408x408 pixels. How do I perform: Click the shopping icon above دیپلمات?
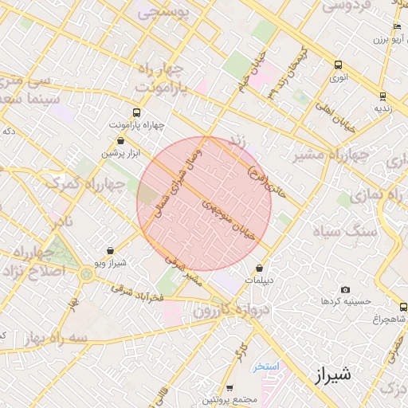[260, 268]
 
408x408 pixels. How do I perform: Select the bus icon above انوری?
[339, 65]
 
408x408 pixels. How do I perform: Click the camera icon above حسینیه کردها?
[344, 289]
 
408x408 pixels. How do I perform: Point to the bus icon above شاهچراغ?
[402, 306]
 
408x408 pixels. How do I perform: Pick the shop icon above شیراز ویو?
[110, 249]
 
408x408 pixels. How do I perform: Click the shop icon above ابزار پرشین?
[120, 140]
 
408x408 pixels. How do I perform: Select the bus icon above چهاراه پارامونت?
[136, 112]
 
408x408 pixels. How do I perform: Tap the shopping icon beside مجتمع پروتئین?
[229, 387]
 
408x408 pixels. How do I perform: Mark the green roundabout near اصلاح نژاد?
[85, 275]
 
